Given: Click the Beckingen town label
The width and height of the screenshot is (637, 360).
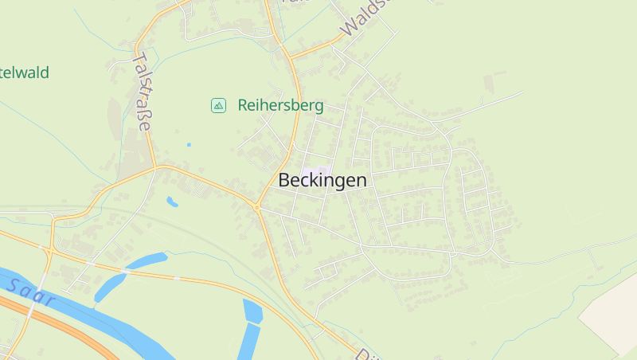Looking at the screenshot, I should click(x=322, y=180).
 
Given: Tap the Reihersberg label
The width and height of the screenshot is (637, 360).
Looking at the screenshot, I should click(x=280, y=105).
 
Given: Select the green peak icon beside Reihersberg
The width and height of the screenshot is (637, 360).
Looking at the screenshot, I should click(x=217, y=105).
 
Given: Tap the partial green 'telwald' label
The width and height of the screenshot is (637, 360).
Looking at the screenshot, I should click(x=24, y=72).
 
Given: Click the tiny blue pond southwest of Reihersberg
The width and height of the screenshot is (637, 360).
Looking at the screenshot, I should click(x=189, y=144).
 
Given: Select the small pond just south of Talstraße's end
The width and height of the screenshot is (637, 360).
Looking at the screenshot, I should click(x=172, y=202).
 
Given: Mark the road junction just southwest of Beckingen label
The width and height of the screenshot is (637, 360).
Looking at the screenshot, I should click(x=258, y=207).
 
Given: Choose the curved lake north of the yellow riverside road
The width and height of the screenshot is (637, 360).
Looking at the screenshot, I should click(x=148, y=260).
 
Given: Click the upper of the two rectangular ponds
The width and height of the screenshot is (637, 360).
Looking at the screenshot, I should click(x=252, y=311).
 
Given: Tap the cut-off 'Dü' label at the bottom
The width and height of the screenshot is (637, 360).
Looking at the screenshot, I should click(x=363, y=354).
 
